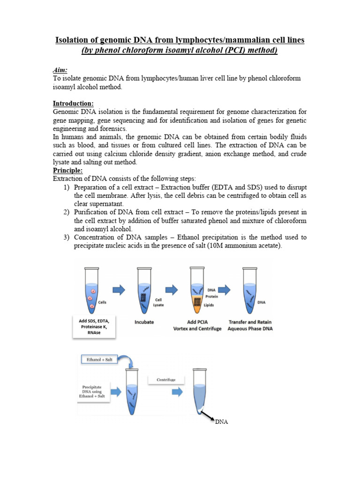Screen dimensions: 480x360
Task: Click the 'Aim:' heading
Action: click(x=60, y=69)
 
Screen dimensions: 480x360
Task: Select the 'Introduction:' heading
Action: click(x=73, y=103)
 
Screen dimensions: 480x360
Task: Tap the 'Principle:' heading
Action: click(x=67, y=171)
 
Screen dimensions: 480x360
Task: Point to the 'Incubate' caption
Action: click(x=144, y=322)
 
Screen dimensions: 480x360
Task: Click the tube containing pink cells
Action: click(x=91, y=290)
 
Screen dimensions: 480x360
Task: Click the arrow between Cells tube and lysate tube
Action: click(x=120, y=291)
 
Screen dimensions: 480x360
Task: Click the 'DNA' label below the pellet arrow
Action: click(x=221, y=422)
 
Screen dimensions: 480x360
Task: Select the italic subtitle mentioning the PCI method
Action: click(x=180, y=51)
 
